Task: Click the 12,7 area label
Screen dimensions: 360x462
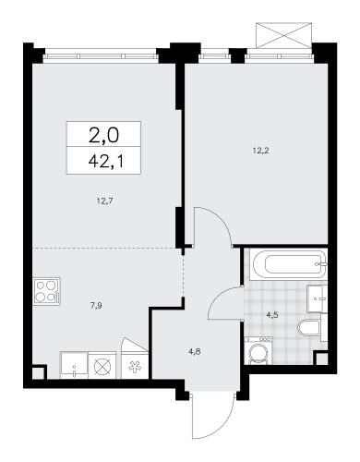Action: click(104, 201)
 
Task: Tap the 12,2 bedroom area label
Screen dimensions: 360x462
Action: click(260, 151)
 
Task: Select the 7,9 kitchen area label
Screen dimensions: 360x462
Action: click(96, 306)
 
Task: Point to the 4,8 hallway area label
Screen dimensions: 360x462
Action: click(195, 351)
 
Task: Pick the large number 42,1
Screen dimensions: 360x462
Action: click(106, 162)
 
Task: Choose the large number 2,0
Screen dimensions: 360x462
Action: click(103, 136)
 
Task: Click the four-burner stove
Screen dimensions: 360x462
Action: click(47, 291)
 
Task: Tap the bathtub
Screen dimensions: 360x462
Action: click(288, 265)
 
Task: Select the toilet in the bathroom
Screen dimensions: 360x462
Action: click(309, 327)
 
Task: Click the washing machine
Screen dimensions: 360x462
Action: click(258, 350)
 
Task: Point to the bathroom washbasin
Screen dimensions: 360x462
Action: click(317, 298)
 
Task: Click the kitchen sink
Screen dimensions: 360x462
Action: click(74, 366)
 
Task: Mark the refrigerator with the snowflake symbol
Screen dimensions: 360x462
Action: click(135, 365)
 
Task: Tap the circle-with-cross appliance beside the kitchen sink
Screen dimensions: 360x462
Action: click(102, 366)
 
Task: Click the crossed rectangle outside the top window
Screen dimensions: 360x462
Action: click(283, 35)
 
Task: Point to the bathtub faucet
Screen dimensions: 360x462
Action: click(322, 264)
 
